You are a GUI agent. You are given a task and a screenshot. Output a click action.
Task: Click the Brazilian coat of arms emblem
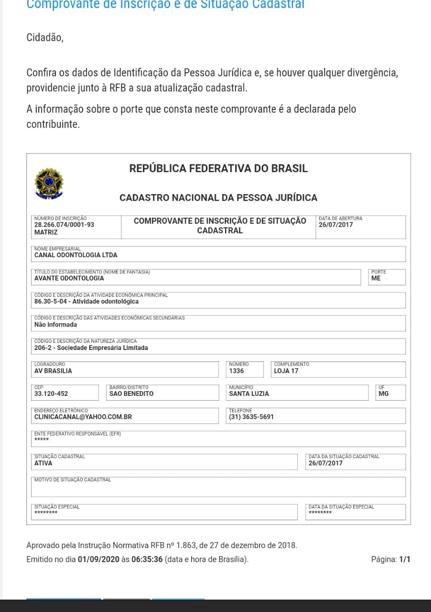[49, 183]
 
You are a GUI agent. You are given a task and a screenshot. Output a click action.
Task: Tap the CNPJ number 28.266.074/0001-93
[64, 224]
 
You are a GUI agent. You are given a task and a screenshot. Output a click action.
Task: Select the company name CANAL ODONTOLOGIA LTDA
[75, 255]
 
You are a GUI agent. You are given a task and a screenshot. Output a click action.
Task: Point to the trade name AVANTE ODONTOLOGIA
[69, 278]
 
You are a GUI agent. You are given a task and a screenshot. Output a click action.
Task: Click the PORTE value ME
[376, 278]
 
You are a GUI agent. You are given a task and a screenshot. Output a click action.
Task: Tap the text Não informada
[55, 325]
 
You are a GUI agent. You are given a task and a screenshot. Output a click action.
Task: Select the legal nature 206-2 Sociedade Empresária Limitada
[91, 348]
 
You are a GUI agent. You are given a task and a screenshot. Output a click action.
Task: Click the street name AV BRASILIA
[53, 371]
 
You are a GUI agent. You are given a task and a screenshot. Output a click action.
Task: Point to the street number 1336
[237, 371]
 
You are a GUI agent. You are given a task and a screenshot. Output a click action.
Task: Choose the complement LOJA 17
[286, 371]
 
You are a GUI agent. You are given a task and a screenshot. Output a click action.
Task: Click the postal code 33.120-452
[51, 393]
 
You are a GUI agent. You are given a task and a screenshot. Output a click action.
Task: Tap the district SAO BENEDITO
[131, 393]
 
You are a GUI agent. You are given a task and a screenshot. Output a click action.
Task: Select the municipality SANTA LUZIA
[249, 393]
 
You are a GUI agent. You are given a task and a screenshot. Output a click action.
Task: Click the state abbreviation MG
[383, 393]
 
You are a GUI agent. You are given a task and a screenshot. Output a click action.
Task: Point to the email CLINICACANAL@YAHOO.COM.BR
[83, 416]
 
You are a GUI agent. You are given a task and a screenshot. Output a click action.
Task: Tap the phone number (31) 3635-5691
[251, 416]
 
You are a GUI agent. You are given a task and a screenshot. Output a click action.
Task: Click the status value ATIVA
[43, 463]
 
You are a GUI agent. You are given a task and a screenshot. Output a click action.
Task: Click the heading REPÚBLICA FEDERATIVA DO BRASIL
[218, 168]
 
